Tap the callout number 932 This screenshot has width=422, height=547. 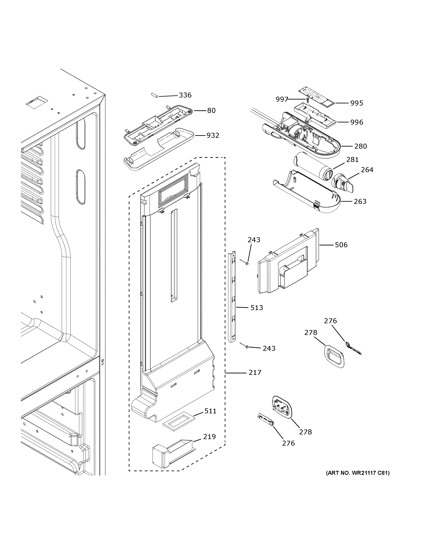tap(213, 136)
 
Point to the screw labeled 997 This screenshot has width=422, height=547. tap(308, 100)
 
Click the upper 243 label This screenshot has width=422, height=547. tap(254, 240)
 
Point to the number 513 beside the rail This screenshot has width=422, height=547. tap(257, 308)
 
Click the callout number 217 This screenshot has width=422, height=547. tap(255, 380)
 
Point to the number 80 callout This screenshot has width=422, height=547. tap(211, 111)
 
